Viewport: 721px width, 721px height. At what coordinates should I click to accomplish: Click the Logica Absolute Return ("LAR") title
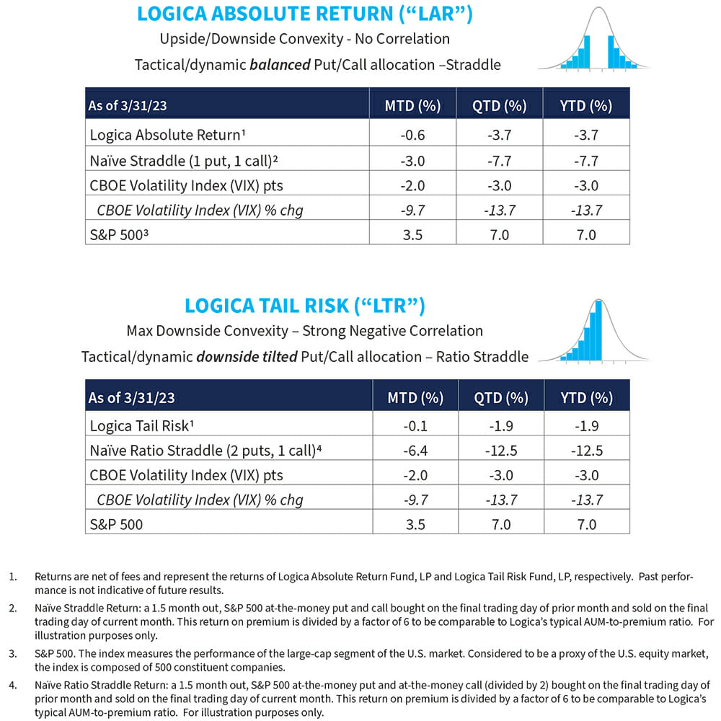coord(304,14)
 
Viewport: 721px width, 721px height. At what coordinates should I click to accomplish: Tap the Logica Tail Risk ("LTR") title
coord(304,305)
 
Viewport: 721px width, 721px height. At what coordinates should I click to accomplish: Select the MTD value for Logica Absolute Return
coord(413,134)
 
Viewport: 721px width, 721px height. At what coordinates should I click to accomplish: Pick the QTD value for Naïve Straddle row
coord(500,159)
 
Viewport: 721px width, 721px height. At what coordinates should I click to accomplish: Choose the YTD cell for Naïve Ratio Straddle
coord(586,451)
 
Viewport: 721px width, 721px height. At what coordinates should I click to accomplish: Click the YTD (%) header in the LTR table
coord(586,397)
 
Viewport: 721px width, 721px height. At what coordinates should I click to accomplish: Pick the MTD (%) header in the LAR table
coord(413,106)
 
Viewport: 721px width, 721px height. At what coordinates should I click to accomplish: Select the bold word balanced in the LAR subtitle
coord(280,64)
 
